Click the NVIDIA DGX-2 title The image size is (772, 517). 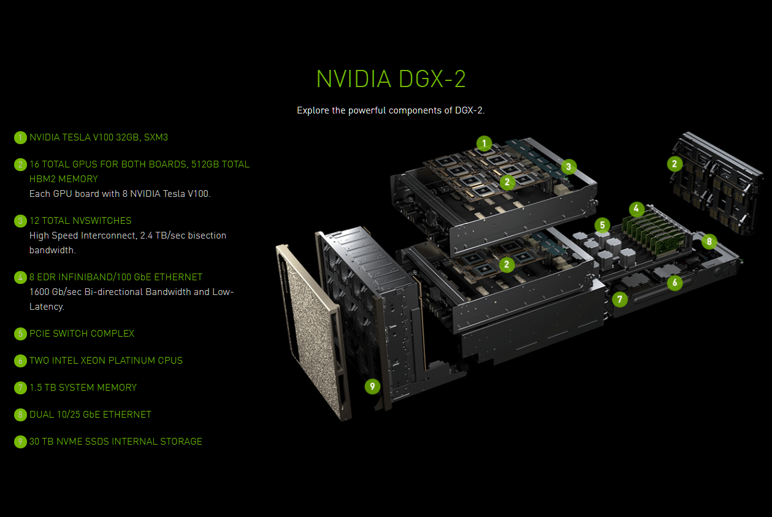tap(391, 80)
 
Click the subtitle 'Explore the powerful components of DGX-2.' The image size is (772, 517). tap(391, 110)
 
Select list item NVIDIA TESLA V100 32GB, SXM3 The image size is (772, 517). tap(99, 137)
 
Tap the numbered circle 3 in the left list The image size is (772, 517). tap(21, 221)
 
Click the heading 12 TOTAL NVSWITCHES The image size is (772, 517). tap(80, 221)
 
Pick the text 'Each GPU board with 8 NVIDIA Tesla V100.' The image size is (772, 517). tap(120, 194)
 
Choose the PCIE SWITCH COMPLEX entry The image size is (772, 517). tap(82, 334)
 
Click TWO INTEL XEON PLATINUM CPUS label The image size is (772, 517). tap(106, 361)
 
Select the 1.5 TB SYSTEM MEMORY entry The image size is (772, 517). tap(83, 388)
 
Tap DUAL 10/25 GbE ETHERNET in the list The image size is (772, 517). tap(90, 415)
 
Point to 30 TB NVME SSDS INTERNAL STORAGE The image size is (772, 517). tap(115, 442)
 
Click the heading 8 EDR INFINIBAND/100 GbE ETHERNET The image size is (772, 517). tap(116, 277)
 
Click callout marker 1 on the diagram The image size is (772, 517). tap(484, 144)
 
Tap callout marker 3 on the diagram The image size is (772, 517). tap(568, 166)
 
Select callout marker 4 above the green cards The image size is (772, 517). tap(636, 209)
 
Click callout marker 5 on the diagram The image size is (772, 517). tap(602, 225)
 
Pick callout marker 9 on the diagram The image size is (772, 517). tap(372, 386)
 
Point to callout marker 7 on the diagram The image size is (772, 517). tap(620, 300)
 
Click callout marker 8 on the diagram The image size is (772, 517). tap(709, 241)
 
